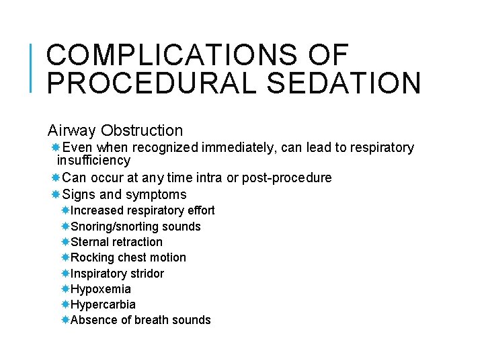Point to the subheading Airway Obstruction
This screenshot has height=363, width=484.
click(115, 130)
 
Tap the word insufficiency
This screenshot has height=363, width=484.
click(93, 161)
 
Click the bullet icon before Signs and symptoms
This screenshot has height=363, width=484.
click(56, 195)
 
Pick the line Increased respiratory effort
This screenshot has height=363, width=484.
click(143, 210)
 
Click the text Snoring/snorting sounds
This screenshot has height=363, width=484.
click(135, 227)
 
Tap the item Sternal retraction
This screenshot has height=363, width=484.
click(116, 242)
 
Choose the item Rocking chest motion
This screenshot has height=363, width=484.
click(128, 257)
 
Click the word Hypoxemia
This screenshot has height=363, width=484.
click(101, 289)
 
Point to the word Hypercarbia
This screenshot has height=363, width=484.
click(103, 305)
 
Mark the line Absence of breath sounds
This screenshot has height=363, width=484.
click(140, 320)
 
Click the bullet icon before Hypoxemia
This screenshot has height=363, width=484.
click(65, 289)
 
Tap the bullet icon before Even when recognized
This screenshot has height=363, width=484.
click(56, 147)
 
